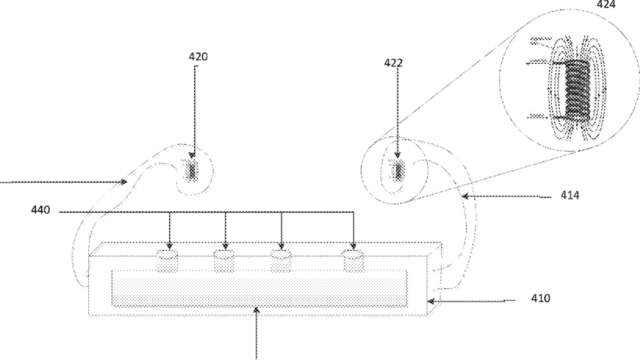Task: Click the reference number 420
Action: point(198,57)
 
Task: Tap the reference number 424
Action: point(606,5)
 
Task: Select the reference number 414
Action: point(569,196)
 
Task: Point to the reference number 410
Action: point(541,298)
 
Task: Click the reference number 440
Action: point(41,210)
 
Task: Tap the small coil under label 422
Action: point(398,169)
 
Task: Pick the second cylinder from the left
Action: point(225,260)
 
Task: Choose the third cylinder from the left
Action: point(281,260)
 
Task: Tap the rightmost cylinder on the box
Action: point(355,260)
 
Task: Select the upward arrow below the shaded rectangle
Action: point(258,311)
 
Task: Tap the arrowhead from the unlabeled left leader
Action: point(125,182)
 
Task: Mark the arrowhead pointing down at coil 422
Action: point(398,157)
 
